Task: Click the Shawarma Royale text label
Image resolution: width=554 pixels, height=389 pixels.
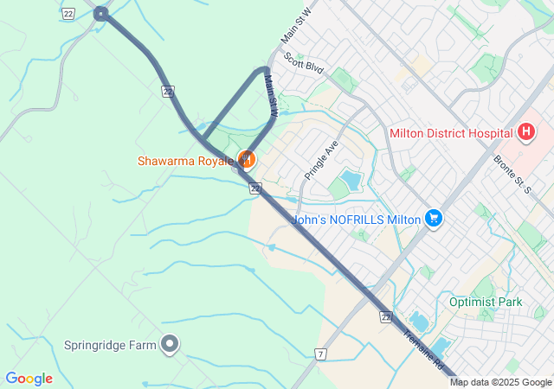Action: tap(184, 161)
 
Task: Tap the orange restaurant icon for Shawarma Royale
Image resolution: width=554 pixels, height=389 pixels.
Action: tap(247, 158)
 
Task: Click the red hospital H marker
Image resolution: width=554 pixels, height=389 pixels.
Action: tap(525, 132)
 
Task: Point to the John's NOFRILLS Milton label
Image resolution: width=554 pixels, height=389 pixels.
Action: tap(356, 220)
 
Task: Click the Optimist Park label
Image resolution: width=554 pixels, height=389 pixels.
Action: tap(486, 302)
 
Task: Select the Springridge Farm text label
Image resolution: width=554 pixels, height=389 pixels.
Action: tap(110, 345)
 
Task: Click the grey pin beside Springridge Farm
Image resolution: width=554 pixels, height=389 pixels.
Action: tap(171, 345)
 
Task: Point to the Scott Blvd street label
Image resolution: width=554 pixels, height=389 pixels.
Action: tap(303, 66)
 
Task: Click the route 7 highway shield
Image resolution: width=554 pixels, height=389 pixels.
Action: tap(321, 354)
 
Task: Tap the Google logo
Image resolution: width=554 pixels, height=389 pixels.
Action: tap(29, 379)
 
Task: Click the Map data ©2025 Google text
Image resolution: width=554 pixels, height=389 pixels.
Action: tap(500, 382)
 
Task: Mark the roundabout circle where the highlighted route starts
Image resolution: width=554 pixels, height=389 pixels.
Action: tap(101, 13)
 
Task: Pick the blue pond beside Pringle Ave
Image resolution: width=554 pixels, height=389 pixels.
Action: tap(351, 180)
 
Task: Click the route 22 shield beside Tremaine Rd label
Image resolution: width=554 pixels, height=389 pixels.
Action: tap(385, 317)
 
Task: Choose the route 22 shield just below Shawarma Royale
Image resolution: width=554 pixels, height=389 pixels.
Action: tap(254, 188)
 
